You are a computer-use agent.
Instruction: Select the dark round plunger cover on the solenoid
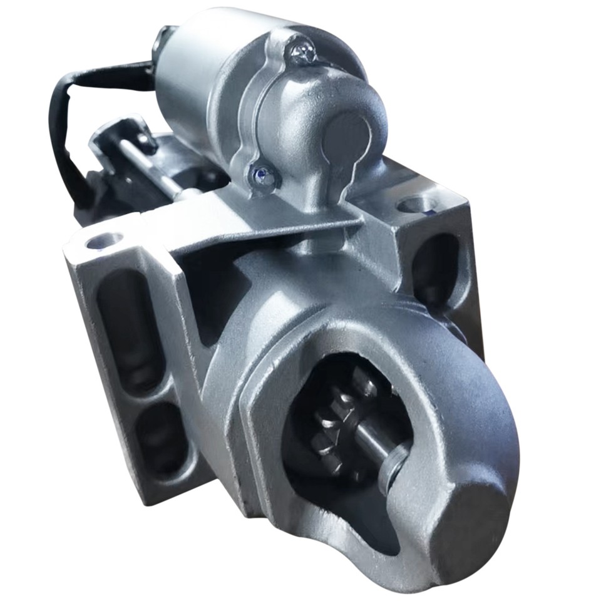347,136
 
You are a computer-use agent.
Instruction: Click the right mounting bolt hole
416,205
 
